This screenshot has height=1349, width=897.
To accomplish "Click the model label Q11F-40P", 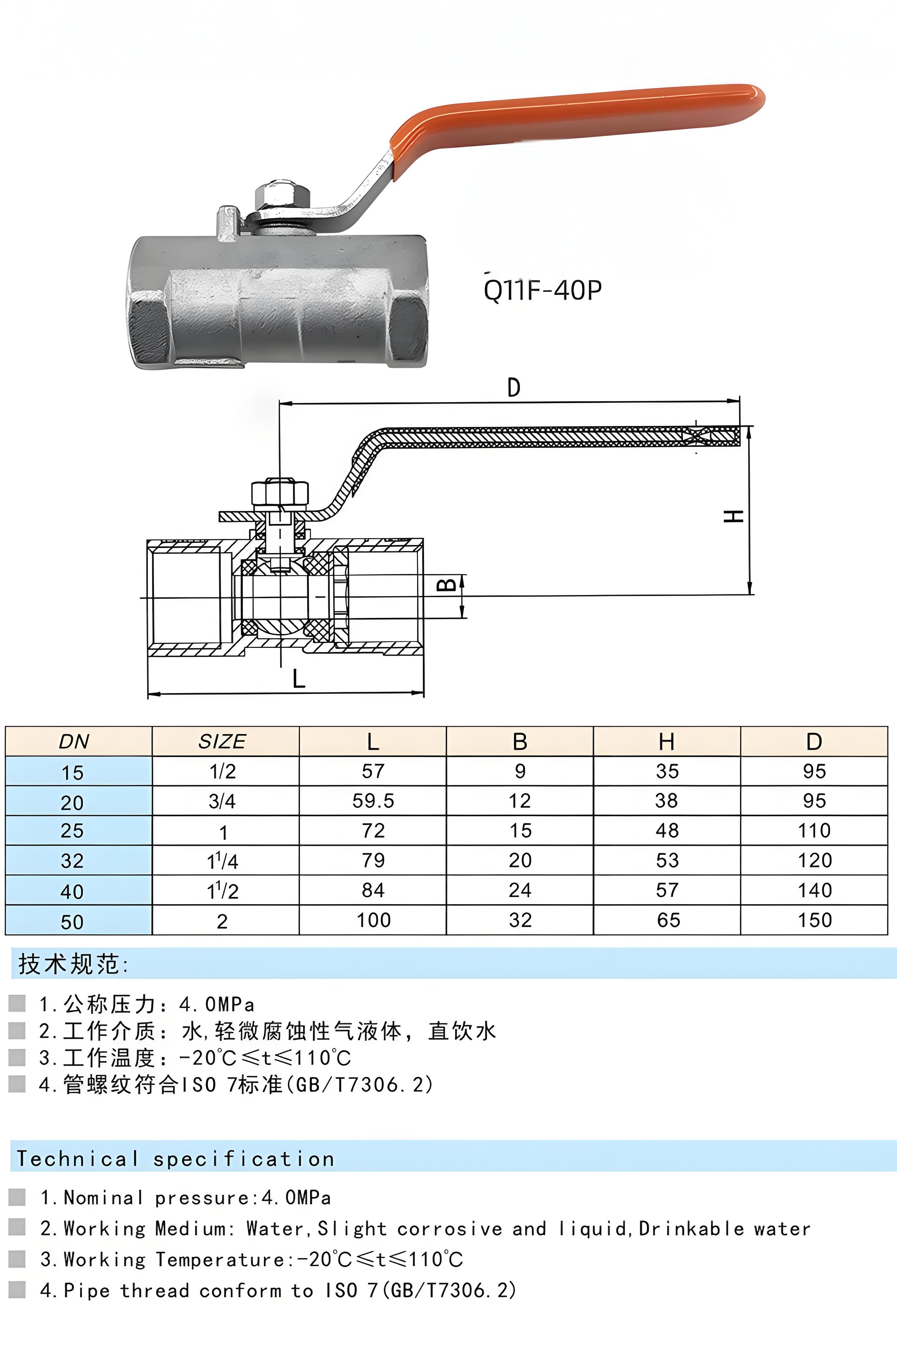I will [542, 290].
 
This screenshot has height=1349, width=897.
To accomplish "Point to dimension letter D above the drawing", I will [514, 388].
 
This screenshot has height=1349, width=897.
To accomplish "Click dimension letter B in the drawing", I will [447, 585].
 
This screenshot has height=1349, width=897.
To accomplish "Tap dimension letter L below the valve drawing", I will [299, 679].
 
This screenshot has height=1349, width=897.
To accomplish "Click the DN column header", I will [74, 742].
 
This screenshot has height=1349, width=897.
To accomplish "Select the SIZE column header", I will [222, 742].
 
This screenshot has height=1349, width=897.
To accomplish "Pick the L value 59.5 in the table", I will [373, 801].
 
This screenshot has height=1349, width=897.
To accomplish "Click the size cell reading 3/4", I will [222, 801].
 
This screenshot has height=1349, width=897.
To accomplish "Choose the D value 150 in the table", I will [814, 920].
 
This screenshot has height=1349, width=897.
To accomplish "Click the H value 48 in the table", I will [667, 830].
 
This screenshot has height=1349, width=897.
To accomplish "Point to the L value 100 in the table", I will [373, 920].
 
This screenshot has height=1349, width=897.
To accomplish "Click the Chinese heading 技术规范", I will [70, 964].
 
